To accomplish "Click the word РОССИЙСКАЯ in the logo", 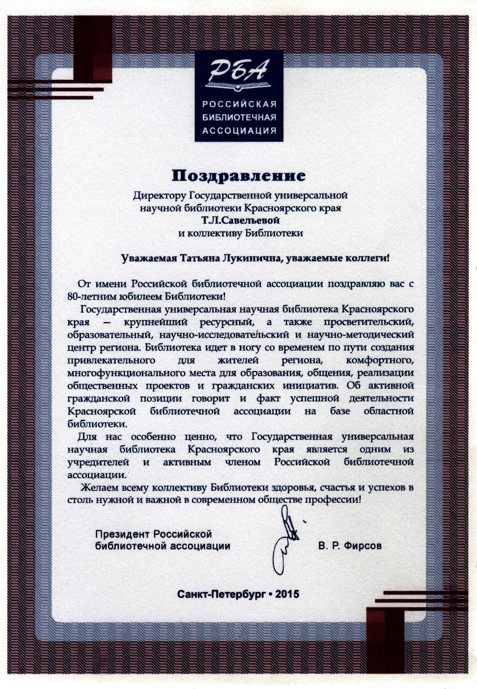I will point(239,105).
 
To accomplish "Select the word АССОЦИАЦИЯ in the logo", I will point(239,131).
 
